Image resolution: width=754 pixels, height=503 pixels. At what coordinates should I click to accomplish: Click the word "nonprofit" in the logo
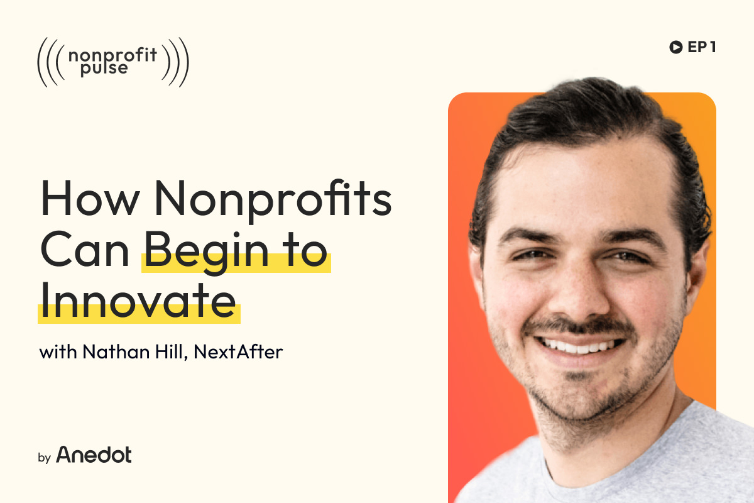point(112,54)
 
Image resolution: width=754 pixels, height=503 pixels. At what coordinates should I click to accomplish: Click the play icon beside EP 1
point(676,47)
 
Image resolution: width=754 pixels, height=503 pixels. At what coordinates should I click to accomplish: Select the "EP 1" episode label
point(702,47)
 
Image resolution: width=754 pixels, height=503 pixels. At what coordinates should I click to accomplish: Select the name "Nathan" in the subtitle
point(106,351)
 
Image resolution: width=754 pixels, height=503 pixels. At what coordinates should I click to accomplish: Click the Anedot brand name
point(94,455)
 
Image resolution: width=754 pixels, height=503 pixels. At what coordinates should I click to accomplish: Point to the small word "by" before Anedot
point(44,458)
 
